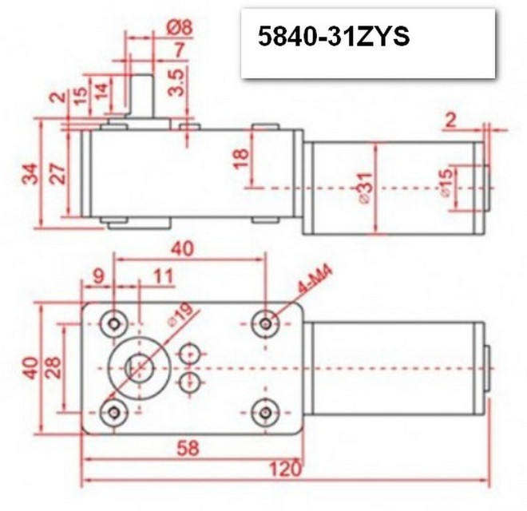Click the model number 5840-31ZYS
click(333, 38)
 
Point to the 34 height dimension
click(29, 173)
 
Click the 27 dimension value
click(57, 175)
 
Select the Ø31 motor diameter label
click(366, 190)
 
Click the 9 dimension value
click(99, 277)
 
